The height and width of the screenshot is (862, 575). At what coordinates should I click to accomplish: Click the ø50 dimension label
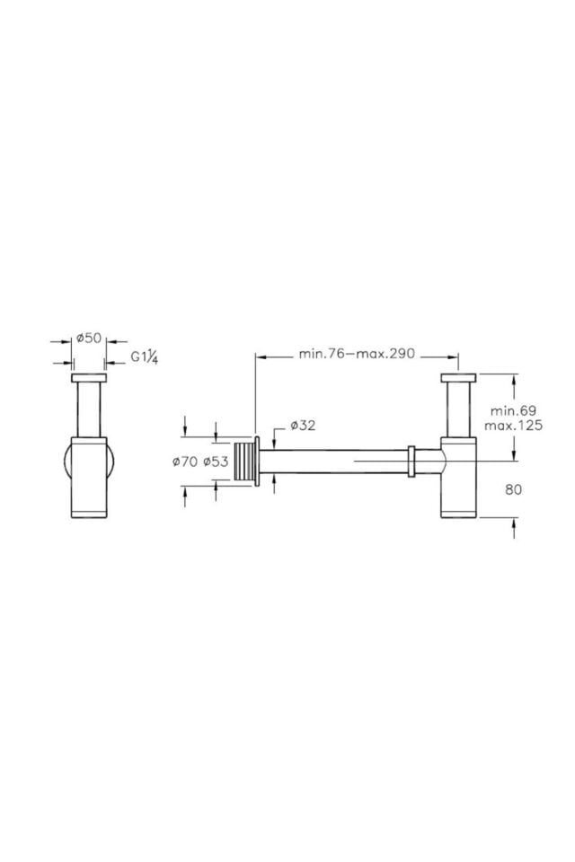point(89,339)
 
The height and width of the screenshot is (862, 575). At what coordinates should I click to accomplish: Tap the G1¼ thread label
point(146,357)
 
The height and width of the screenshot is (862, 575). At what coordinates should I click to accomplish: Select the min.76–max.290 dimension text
point(357,353)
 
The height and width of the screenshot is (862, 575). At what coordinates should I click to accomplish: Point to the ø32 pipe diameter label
point(303,425)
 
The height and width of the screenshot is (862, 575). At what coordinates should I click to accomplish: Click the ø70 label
point(184,462)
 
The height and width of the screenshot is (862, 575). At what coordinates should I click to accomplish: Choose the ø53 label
point(216,462)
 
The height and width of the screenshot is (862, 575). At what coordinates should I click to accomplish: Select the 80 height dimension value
point(514,489)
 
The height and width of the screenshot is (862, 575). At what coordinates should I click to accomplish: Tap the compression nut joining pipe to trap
point(411,461)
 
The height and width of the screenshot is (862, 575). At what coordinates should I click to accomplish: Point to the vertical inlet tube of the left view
point(89,409)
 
